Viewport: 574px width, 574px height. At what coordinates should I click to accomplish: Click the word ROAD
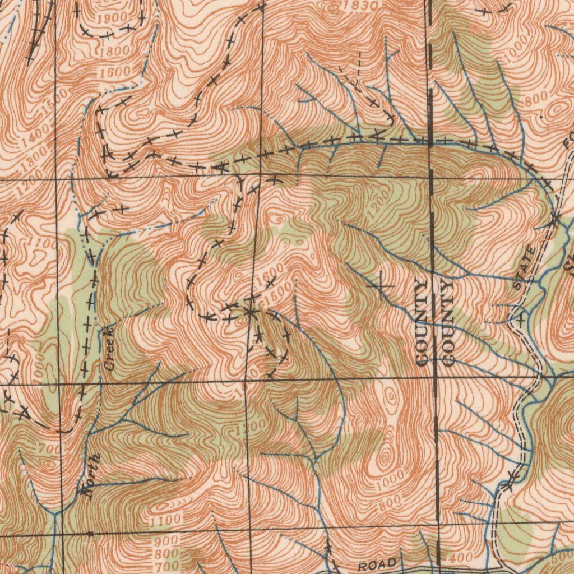pos(378,564)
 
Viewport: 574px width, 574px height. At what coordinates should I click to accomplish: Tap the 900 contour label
pos(167,541)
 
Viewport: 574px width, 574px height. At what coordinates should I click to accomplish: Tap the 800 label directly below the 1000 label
pos(390,501)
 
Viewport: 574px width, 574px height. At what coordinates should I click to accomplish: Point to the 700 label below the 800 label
pos(166,566)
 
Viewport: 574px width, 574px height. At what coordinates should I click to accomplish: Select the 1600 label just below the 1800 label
pos(115,71)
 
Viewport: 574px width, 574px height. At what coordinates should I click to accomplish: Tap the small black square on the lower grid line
pos(90,534)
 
